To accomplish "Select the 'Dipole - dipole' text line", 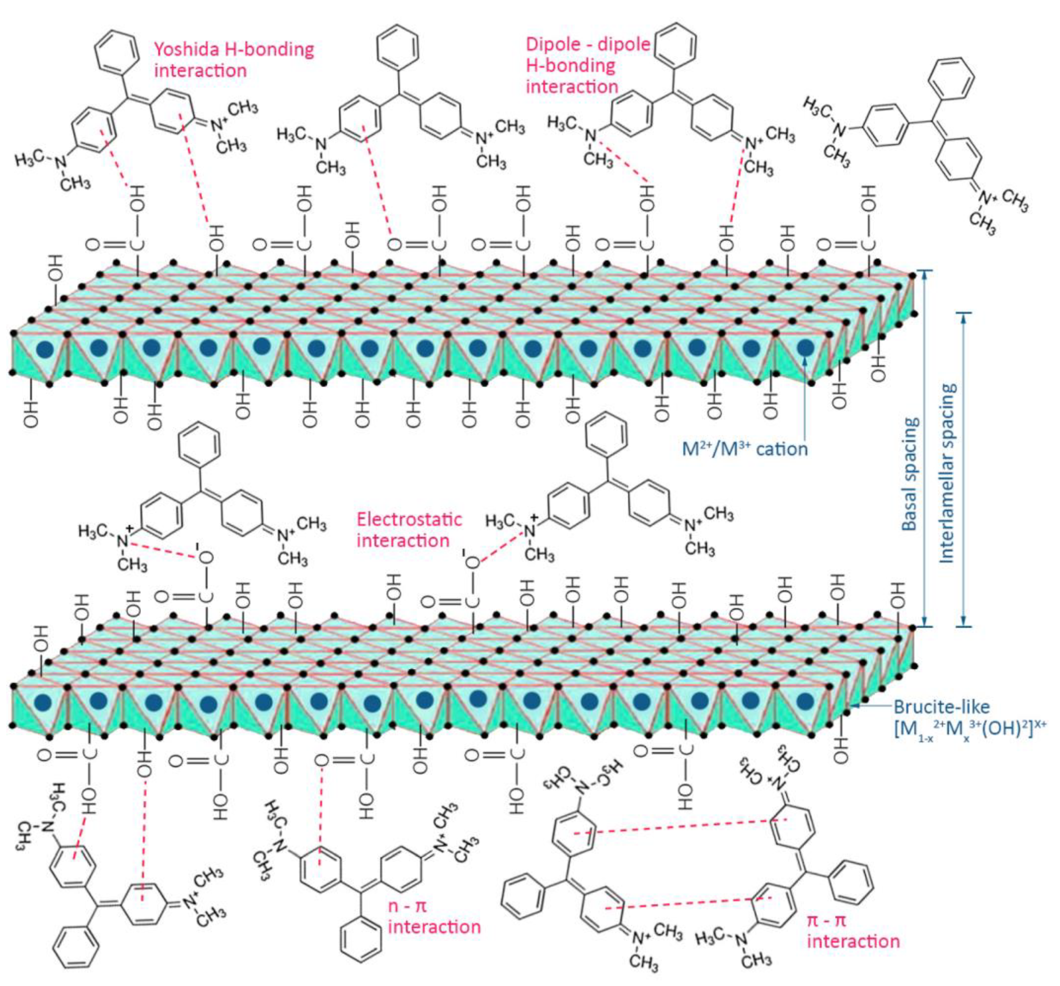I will click(x=588, y=45).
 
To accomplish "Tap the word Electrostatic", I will click(x=409, y=519).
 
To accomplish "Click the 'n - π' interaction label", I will click(x=407, y=905).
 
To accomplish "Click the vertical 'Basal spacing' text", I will click(x=910, y=475).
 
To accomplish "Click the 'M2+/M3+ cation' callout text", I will click(x=745, y=449).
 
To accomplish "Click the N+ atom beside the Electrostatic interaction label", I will click(x=529, y=530).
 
